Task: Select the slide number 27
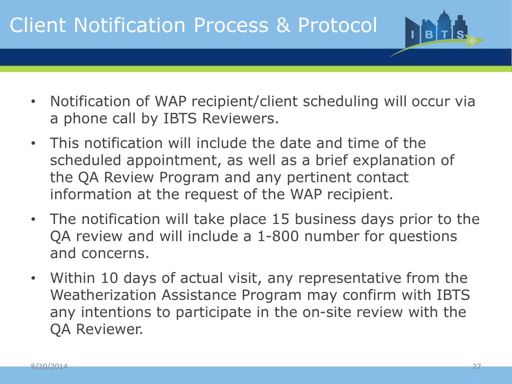[x=476, y=367]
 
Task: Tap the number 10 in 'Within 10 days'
[x=110, y=277]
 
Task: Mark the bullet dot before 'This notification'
[x=32, y=144]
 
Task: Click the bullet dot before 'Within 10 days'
[x=32, y=278]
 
